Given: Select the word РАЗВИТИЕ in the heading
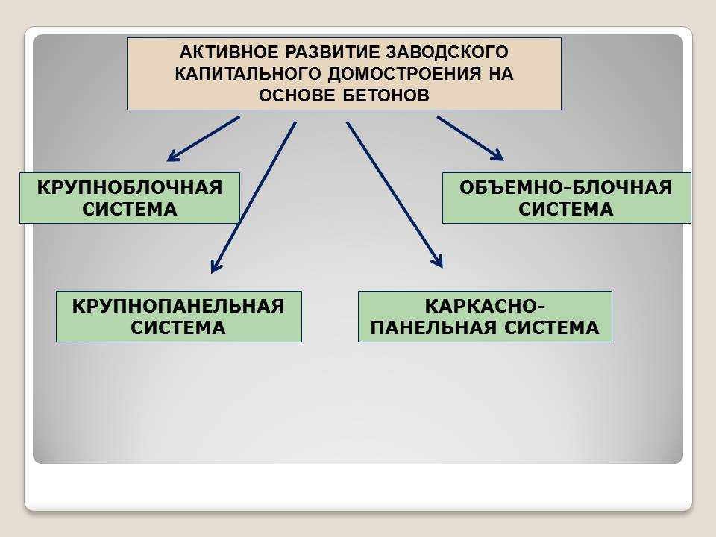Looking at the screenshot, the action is click(x=333, y=52).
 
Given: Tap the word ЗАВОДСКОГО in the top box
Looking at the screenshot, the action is click(x=447, y=52).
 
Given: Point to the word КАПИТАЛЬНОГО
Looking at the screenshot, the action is click(x=248, y=74).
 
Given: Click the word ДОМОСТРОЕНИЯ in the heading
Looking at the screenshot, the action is click(x=404, y=74).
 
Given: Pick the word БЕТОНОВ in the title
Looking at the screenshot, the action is click(x=386, y=95).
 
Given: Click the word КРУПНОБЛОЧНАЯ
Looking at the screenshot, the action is click(x=130, y=188).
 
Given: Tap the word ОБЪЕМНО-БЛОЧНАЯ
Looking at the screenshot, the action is click(x=566, y=188).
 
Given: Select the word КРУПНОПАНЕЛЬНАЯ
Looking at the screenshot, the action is click(x=178, y=306).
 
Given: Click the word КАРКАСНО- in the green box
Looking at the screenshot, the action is click(x=485, y=306).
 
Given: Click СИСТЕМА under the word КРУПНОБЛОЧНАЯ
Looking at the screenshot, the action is click(x=130, y=209).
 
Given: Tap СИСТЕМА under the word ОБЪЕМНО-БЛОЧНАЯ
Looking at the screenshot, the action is click(x=566, y=209).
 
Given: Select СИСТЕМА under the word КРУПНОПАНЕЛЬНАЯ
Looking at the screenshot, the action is click(x=178, y=328).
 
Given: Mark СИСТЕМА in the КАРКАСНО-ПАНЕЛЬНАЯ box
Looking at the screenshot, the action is click(x=552, y=328).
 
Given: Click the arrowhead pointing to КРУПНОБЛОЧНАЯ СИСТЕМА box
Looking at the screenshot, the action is click(x=172, y=156).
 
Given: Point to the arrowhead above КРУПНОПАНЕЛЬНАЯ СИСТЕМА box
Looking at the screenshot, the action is click(x=215, y=267).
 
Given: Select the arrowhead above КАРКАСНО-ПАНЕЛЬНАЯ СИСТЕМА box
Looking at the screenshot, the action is click(x=439, y=261).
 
